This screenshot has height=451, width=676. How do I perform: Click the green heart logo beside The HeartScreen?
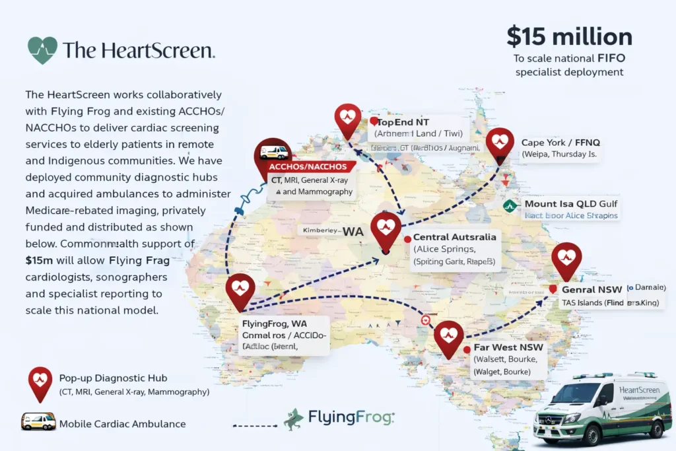(x=42, y=50)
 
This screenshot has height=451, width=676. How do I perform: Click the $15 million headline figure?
(x=569, y=36)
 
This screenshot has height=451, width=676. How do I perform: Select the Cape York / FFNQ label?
(x=560, y=142)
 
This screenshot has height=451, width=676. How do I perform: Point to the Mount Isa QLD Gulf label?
(x=571, y=204)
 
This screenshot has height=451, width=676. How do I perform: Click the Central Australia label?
(x=454, y=237)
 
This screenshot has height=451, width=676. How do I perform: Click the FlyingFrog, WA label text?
(x=274, y=324)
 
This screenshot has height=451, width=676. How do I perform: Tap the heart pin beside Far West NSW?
(x=448, y=336)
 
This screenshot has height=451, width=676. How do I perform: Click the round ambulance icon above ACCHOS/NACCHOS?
(x=273, y=153)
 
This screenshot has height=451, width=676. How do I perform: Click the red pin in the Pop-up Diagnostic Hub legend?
(x=40, y=382)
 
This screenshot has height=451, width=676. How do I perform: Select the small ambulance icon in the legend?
(x=38, y=421)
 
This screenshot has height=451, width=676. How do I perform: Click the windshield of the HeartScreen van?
(x=576, y=396)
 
